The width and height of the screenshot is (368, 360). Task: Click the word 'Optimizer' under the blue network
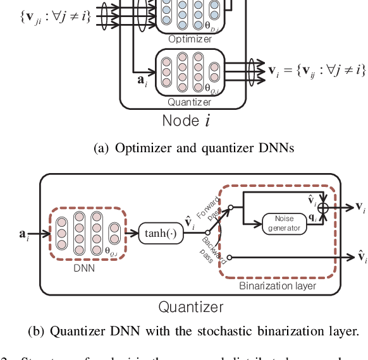(190, 39)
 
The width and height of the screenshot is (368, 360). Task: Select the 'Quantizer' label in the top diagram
(189, 101)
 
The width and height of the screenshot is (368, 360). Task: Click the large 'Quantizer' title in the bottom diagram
(190, 308)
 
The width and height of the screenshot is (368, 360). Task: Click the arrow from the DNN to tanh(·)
(131, 232)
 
